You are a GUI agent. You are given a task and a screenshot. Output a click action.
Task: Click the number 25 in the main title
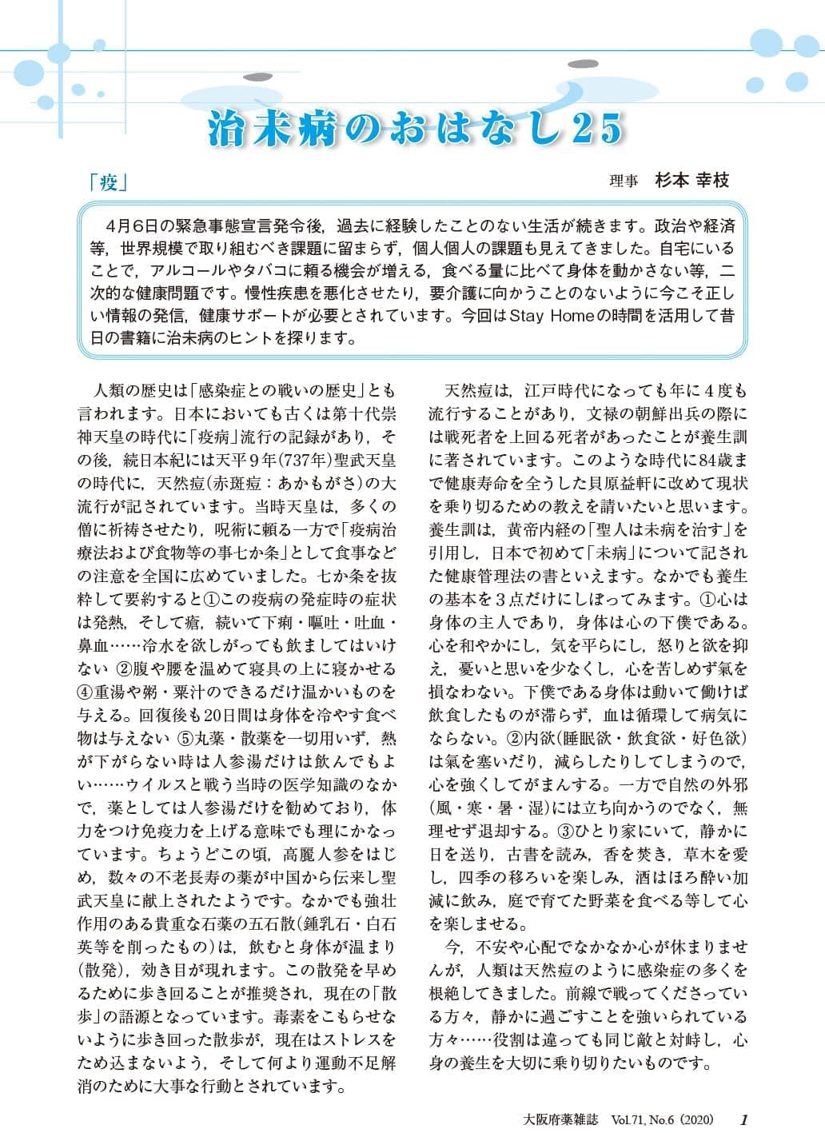click(x=595, y=129)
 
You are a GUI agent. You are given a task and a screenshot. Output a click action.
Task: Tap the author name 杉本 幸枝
click(x=692, y=181)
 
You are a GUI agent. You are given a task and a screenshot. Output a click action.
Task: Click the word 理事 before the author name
click(x=624, y=182)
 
